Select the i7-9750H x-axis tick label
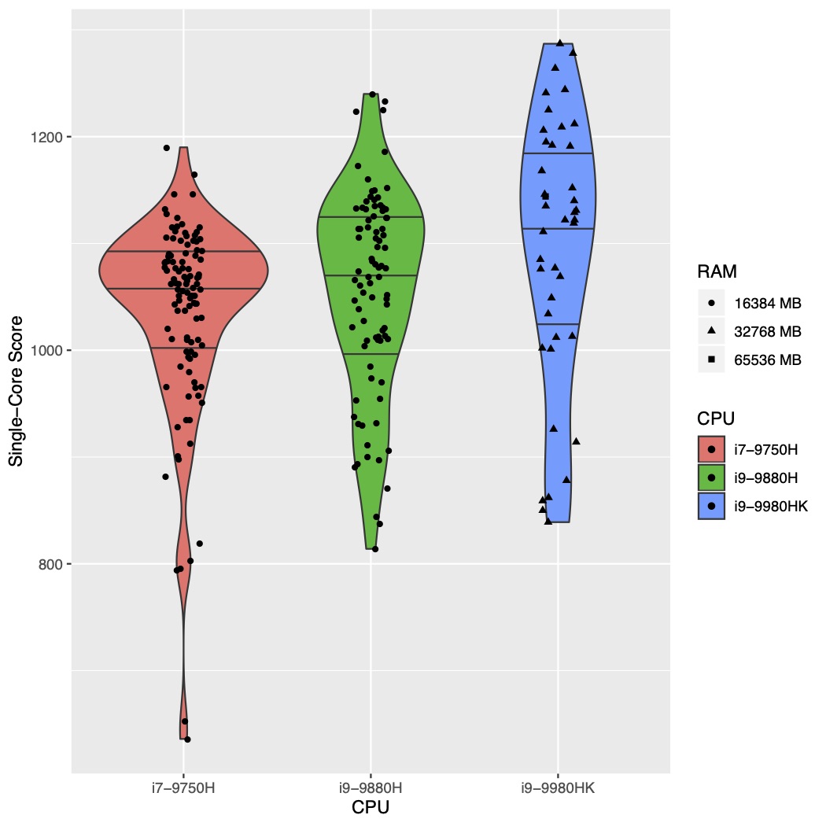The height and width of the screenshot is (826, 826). coord(183,787)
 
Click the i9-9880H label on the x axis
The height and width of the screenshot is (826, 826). coord(371,787)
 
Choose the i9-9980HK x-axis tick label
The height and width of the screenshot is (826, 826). coord(559,787)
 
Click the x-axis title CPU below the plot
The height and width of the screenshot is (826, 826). coord(371,807)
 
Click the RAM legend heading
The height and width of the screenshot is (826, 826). coord(717,272)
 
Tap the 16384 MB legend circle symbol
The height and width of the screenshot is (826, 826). coord(711,302)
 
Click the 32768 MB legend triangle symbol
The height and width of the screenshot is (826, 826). coord(711,331)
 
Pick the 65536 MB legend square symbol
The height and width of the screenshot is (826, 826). coord(711,360)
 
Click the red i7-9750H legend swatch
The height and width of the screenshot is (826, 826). coord(711,450)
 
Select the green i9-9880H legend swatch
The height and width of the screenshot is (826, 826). coord(711,478)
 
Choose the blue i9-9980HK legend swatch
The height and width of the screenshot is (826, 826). coord(711,507)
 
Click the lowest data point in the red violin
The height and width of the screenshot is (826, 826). coord(187,739)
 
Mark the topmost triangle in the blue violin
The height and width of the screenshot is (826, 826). coord(559,42)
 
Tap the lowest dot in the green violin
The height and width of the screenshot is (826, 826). coord(375,548)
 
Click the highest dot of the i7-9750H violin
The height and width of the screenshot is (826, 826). coord(166,147)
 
